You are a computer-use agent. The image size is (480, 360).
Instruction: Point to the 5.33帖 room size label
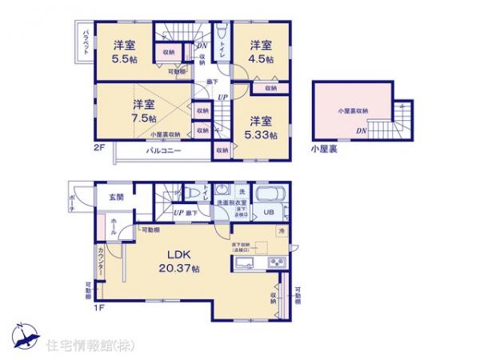click(261, 128)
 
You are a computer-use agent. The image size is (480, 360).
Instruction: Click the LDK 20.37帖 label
click(182, 261)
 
